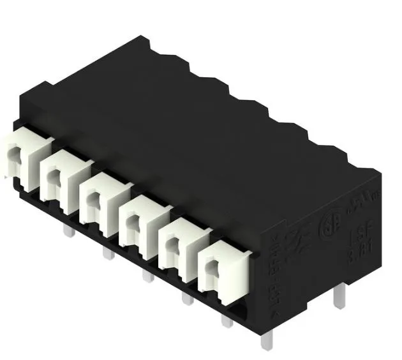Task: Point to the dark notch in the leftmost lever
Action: point(14,154)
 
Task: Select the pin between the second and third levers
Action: point(108,253)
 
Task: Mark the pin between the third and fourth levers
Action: point(147,275)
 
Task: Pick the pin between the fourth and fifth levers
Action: point(187,297)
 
